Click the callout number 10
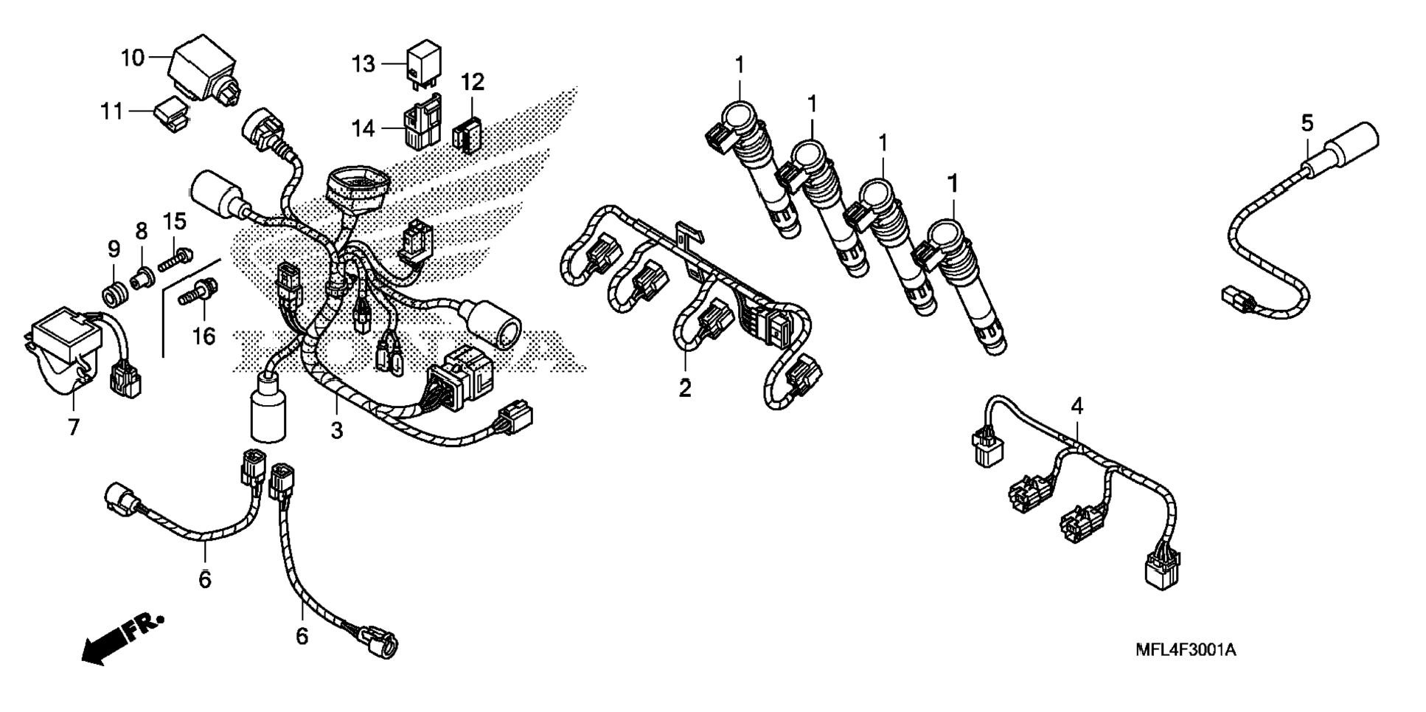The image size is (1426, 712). point(133,57)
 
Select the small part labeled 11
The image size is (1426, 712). point(170,117)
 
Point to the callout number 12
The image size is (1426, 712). point(473,82)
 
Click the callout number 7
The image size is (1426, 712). point(73,426)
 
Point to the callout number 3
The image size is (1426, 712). point(336,429)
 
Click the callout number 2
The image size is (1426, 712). point(685,387)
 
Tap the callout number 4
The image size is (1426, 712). point(1077,405)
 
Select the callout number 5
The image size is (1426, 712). point(1307,123)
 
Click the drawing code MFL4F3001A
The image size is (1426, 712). point(1186,650)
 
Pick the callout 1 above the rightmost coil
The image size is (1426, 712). point(953,182)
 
